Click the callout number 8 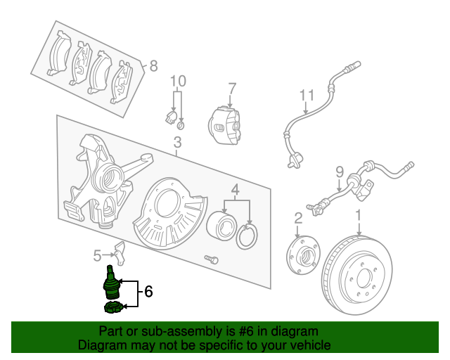tap(153, 67)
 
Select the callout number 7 tap(231, 89)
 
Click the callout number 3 tap(176, 145)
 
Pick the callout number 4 tap(236, 190)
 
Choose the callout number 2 tap(298, 218)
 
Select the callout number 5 tap(98, 255)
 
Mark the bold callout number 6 tap(148, 290)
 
